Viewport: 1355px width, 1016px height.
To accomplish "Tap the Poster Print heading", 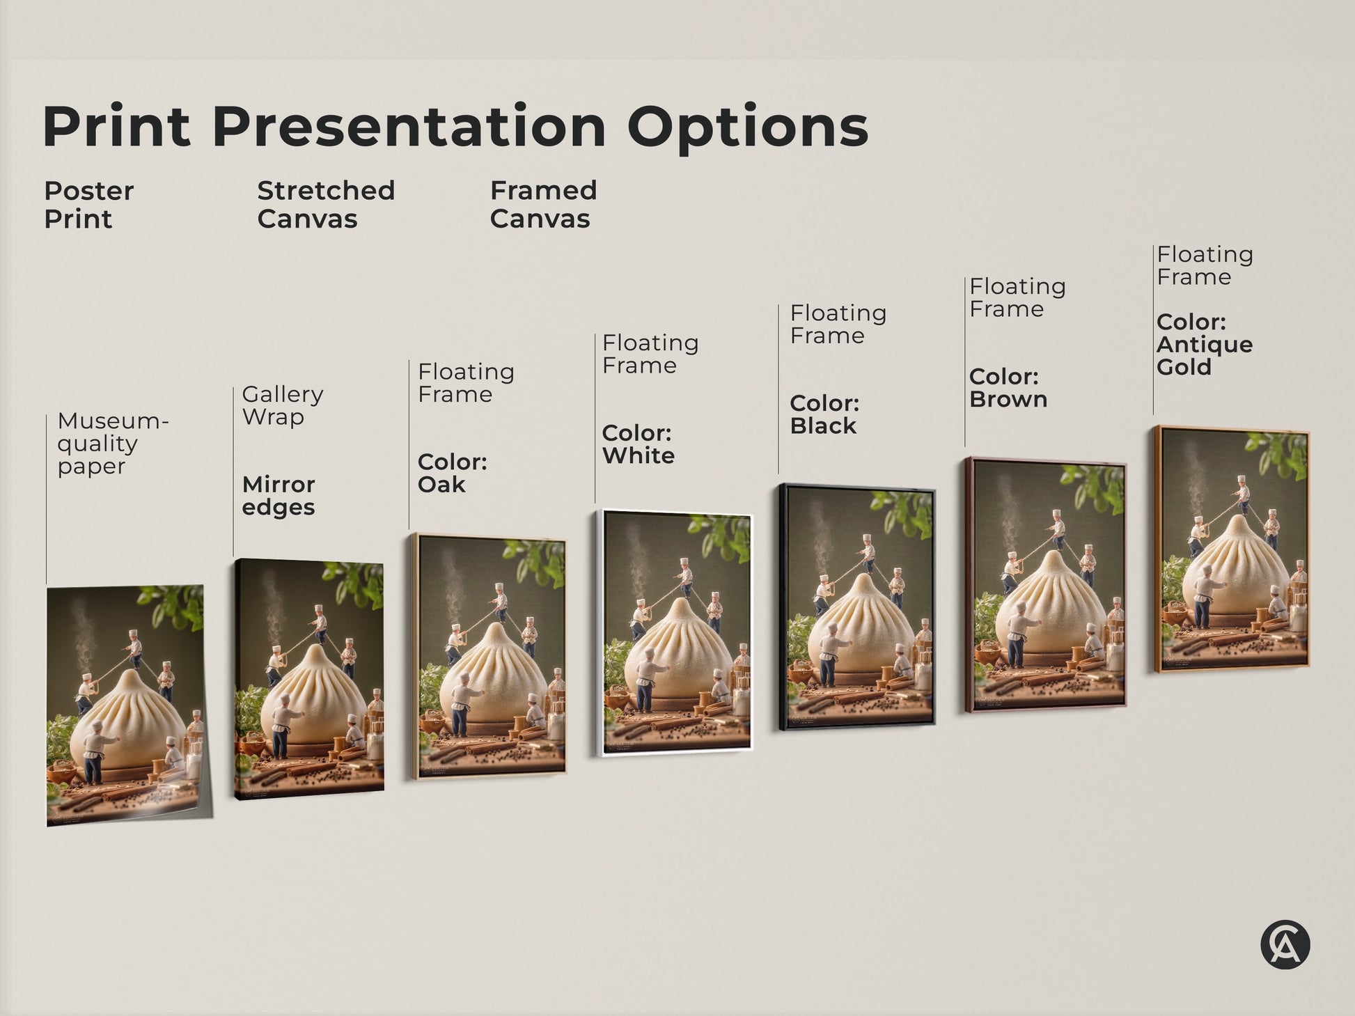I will tap(88, 205).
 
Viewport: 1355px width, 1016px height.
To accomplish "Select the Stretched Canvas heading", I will tap(325, 205).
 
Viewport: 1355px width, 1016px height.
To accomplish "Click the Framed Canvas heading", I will tap(543, 205).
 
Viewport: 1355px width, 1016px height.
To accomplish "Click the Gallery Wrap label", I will tap(282, 405).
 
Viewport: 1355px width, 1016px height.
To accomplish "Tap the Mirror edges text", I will tap(279, 495).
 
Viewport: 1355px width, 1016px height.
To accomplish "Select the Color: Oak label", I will tap(452, 473).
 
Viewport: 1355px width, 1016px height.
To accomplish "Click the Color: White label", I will tap(638, 444).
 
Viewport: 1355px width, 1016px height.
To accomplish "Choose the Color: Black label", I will tap(824, 414).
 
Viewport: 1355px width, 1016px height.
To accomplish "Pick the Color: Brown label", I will tap(1008, 388).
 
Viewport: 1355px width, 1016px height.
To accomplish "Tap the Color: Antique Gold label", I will tap(1204, 345).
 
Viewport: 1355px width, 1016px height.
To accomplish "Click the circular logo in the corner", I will tap(1285, 945).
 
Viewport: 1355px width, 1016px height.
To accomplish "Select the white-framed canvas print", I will tap(676, 632).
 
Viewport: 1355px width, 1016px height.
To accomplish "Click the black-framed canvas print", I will tap(857, 606).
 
